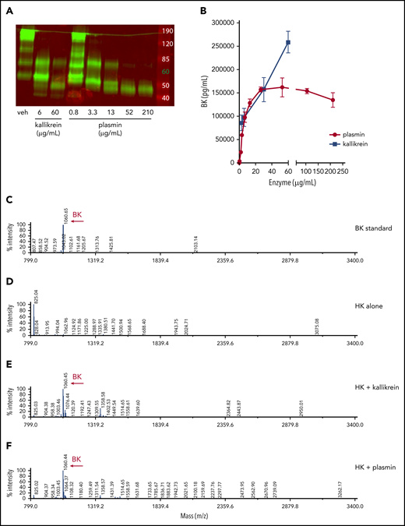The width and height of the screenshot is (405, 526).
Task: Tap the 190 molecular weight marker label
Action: (165, 30)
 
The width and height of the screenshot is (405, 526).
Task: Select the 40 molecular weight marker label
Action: (165, 98)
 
